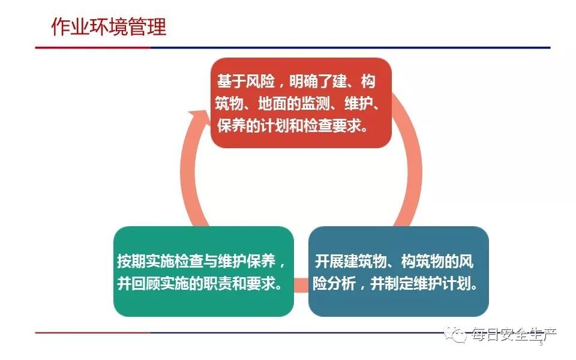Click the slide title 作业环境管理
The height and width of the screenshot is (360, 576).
[109, 26]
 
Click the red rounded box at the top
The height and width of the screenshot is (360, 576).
[301, 103]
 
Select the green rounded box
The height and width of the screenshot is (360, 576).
[203, 271]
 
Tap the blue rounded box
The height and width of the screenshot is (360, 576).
[398, 271]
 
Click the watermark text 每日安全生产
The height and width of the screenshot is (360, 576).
[514, 334]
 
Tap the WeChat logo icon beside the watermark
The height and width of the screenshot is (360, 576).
[455, 334]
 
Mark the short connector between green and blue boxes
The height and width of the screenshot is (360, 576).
[301, 286]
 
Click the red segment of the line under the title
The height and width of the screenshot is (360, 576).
[93, 47]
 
